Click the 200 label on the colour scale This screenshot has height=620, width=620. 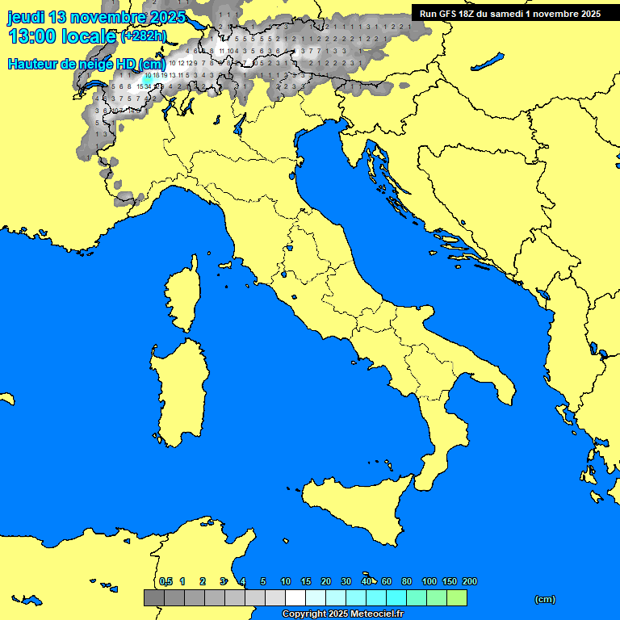pos(469,581)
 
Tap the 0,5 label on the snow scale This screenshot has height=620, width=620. pos(165,581)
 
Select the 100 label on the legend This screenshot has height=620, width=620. pos(429,581)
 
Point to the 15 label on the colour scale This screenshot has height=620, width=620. pos(306,581)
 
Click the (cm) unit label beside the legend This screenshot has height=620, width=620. pos(545,599)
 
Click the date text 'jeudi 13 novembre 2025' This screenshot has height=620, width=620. pos(96,17)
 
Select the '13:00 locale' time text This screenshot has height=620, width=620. pos(61,36)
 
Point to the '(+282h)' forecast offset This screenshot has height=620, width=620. pos(143,36)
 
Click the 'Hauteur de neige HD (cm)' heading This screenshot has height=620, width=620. pos(86,64)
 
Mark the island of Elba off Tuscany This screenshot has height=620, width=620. pos(225,264)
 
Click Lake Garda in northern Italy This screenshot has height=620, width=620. pos(240,124)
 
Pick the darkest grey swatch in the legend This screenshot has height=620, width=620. pos(153,598)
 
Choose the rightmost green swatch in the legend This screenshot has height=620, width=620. pos(456,598)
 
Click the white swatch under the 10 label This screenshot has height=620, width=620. pos(295,598)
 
